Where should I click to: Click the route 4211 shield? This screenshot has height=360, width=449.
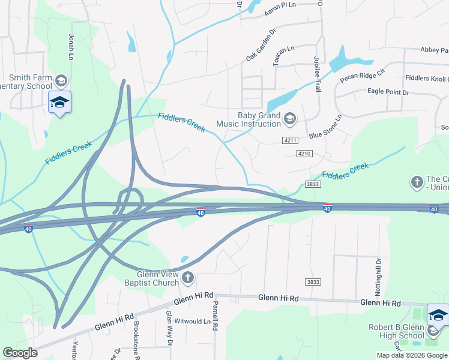pyautogui.click(x=290, y=140)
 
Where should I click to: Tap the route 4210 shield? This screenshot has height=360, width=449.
pyautogui.click(x=304, y=154)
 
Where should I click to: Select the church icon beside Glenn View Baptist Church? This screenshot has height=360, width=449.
pyautogui.click(x=188, y=277)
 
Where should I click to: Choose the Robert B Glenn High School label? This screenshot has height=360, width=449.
pyautogui.click(x=396, y=331)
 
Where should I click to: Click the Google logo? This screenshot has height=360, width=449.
pyautogui.click(x=20, y=352)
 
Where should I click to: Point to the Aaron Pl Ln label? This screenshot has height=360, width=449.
pyautogui.click(x=280, y=5)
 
